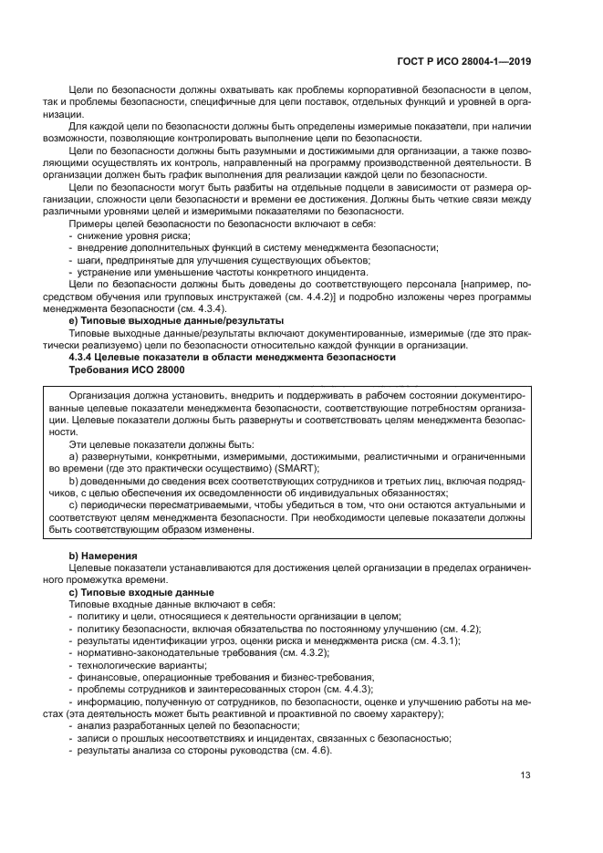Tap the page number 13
click(525, 777)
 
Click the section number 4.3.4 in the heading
click(87, 357)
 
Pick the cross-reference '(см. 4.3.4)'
click(192, 308)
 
